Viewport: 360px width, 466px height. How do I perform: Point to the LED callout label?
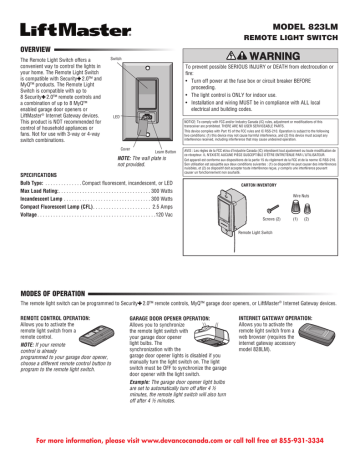[x=116, y=117]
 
